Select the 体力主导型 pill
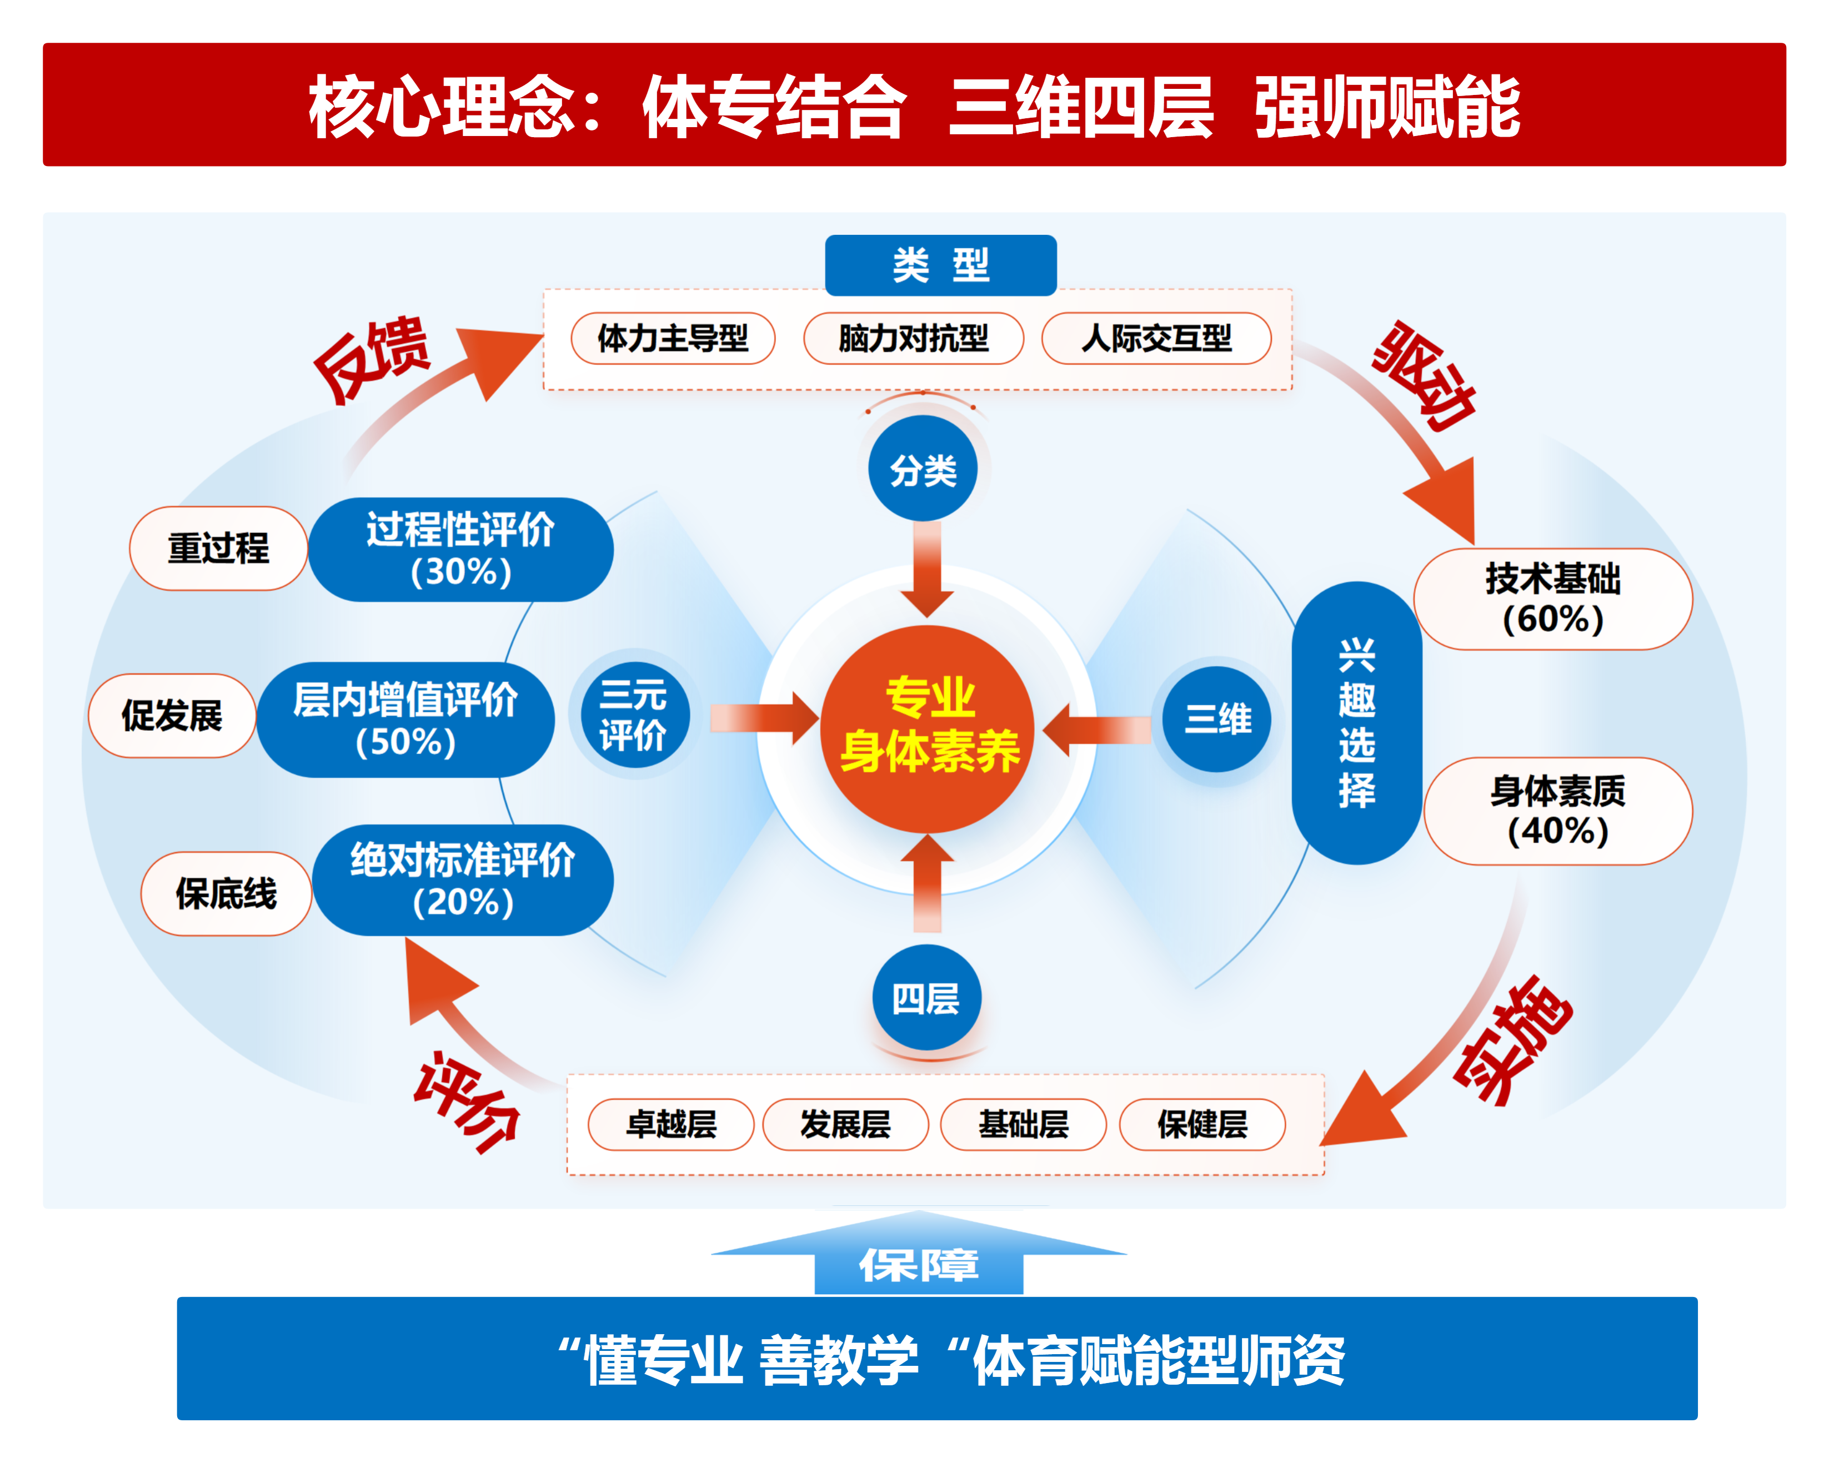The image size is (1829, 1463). [x=673, y=338]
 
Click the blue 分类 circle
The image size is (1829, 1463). [x=923, y=469]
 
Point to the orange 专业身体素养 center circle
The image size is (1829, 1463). [x=928, y=726]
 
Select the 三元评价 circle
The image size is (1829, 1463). [x=634, y=715]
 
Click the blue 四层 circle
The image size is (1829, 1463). [x=926, y=998]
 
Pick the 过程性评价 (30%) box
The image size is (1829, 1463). [x=460, y=550]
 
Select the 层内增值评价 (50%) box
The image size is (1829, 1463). [x=405, y=719]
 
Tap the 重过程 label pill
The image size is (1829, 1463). [x=218, y=548]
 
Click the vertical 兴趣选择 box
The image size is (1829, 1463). [x=1356, y=722]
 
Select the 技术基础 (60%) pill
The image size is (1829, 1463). [x=1552, y=599]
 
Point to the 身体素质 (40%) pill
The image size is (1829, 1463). [x=1557, y=811]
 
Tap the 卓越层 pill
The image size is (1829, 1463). [x=670, y=1125]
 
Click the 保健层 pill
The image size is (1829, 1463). [x=1201, y=1125]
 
